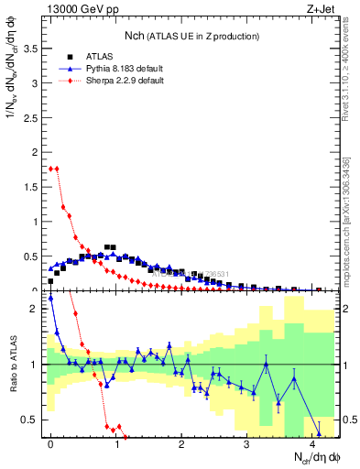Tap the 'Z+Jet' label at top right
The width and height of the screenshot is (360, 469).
point(322,9)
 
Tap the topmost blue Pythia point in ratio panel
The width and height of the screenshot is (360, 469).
point(51,298)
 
